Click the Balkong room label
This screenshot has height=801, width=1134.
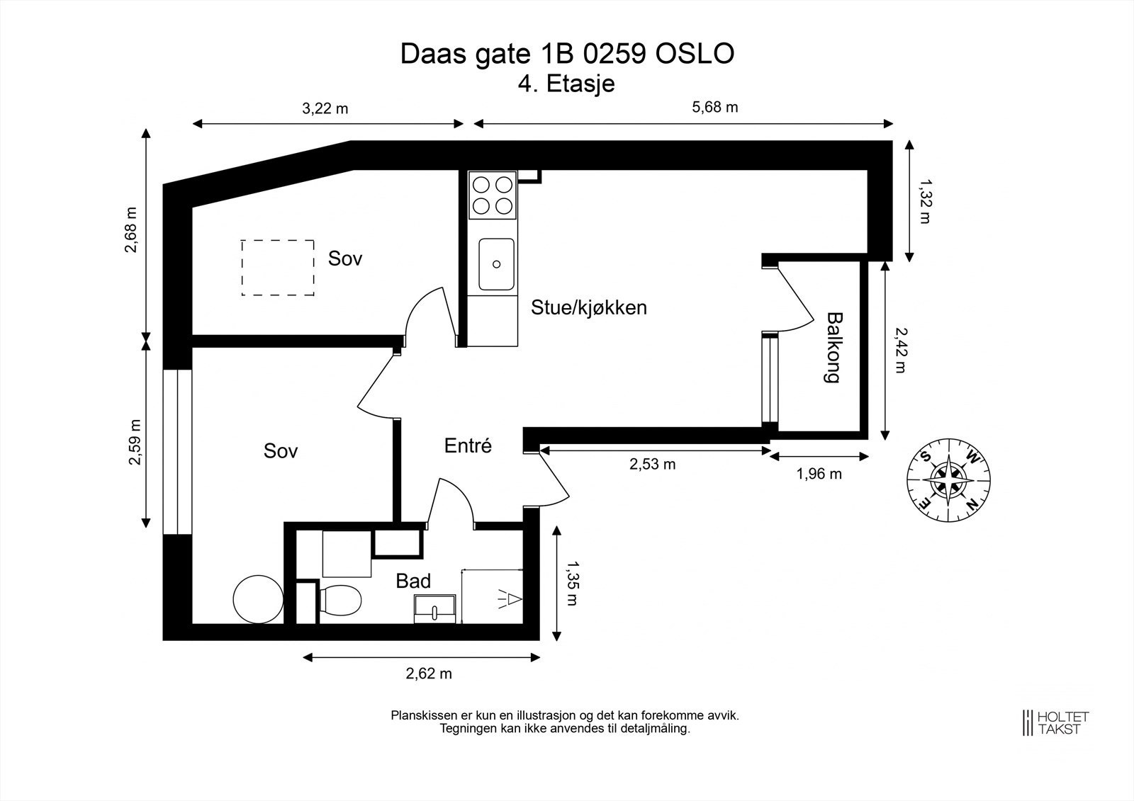pos(833,347)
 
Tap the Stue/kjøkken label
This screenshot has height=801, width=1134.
pos(589,307)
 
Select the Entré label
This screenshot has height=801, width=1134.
pos(468,445)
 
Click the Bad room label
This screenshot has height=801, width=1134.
pos(413,581)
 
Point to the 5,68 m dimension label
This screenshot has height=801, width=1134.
pos(714,107)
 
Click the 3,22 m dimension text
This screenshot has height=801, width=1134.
pos(325,108)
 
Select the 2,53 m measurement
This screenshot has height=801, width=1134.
pos(652,464)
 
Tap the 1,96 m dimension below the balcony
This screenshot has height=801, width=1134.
pos(819,474)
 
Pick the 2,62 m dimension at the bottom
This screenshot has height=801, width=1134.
pos(428,674)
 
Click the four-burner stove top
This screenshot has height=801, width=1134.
pos(493,195)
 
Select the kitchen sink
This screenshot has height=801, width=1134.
pos(496,264)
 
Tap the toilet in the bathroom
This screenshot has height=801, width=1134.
pos(339,600)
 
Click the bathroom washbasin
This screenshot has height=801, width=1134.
pos(434,608)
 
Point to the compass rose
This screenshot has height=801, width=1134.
pos(949,478)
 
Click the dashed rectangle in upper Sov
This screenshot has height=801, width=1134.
pos(277,267)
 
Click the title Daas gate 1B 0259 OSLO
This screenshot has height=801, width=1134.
pos(567,54)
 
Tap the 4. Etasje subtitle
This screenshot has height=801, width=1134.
pos(566,84)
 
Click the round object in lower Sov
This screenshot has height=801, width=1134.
pos(257,598)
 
